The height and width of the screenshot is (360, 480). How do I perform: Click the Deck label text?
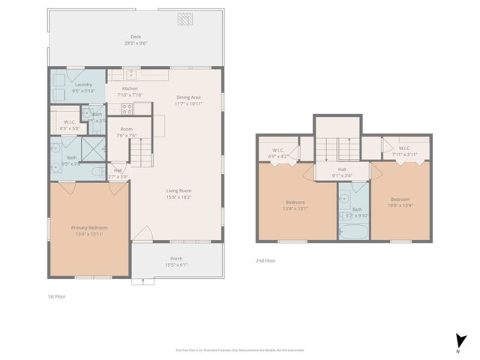click(135, 36)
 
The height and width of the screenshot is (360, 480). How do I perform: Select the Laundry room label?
click(83, 85)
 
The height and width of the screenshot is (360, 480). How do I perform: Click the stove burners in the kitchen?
click(127, 109)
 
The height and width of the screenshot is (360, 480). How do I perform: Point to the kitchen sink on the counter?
click(130, 74)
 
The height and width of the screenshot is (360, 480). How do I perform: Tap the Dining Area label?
click(188, 97)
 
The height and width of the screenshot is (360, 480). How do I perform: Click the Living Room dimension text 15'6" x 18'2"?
click(178, 197)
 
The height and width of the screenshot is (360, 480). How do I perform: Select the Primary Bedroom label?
click(89, 228)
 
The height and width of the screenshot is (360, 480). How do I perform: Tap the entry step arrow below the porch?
click(142, 281)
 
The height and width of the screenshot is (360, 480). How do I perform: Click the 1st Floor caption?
click(56, 296)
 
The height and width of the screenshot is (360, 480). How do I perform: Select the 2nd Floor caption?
click(266, 260)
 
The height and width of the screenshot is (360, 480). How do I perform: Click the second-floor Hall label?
click(342, 169)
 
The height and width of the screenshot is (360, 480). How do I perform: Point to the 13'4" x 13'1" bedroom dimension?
click(296, 208)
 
